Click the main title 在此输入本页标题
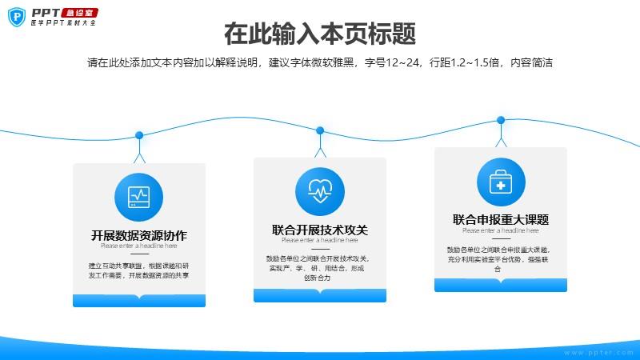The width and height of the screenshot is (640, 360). (x=320, y=35)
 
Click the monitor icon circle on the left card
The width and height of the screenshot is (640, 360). (x=139, y=197)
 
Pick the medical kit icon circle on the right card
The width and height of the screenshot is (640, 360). (x=501, y=182)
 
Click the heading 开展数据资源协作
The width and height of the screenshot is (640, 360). (x=139, y=235)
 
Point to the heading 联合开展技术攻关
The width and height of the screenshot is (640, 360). (x=320, y=230)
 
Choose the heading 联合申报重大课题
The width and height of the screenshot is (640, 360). (x=501, y=219)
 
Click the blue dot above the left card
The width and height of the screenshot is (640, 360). (x=139, y=134)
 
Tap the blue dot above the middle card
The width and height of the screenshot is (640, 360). (x=320, y=130)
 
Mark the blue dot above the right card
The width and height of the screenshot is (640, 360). (x=501, y=120)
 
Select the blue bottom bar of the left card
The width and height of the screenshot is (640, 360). (x=139, y=301)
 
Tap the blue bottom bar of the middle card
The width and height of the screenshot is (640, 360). (x=320, y=296)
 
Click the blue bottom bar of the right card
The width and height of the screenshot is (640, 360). (x=501, y=286)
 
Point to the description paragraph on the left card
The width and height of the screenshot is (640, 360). (x=139, y=270)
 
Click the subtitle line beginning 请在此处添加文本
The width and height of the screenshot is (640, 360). (x=320, y=63)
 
